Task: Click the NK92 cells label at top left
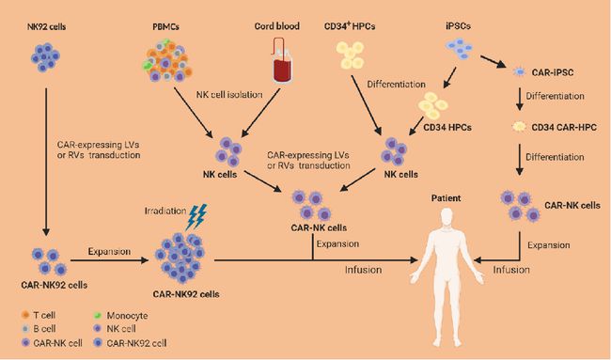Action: click(46, 27)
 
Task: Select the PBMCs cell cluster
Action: click(167, 59)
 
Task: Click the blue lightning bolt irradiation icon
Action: click(196, 217)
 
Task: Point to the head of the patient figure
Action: click(446, 216)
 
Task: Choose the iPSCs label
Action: click(458, 25)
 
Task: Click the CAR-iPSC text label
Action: click(553, 72)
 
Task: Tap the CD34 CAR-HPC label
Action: click(564, 127)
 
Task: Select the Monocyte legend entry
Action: click(121, 315)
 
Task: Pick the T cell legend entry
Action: click(39, 315)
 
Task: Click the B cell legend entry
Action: click(39, 328)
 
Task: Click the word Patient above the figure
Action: click(446, 198)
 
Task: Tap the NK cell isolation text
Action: click(229, 94)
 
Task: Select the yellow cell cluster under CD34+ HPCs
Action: click(351, 55)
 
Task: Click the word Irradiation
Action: click(165, 211)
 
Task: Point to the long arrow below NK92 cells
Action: click(46, 162)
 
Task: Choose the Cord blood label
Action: click(277, 26)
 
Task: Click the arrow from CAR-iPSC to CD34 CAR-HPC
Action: click(520, 99)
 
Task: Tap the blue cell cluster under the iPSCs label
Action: click(460, 48)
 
